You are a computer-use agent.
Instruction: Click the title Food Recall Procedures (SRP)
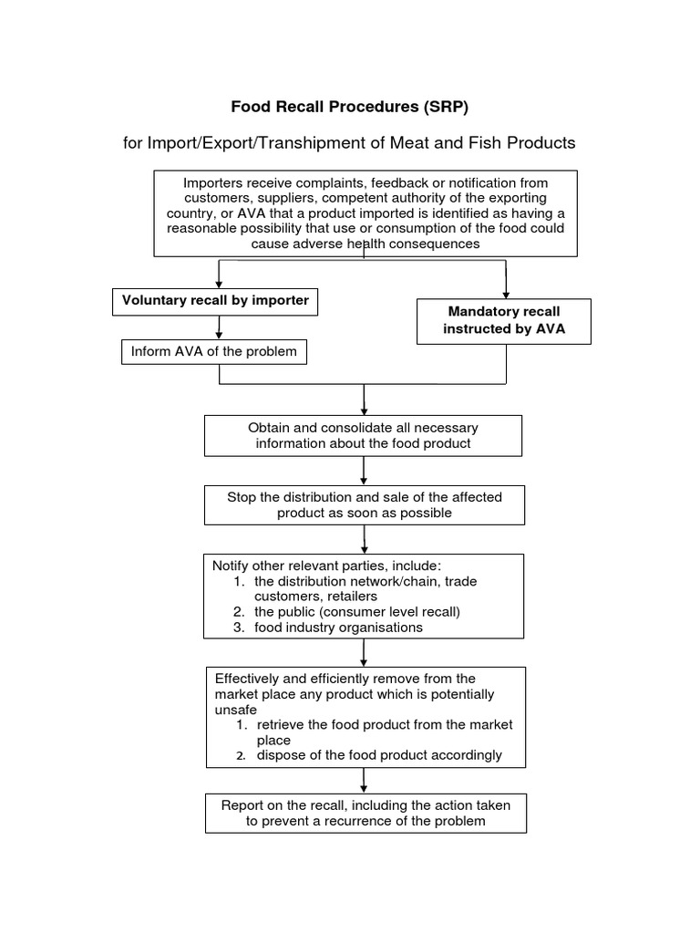pos(349,107)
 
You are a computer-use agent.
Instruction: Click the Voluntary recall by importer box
pos(215,301)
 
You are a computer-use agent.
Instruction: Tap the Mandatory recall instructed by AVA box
pos(504,321)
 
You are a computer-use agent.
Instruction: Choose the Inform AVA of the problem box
pos(214,351)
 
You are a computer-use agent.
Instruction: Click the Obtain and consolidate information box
pos(363,436)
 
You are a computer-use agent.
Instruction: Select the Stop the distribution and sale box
pos(364,504)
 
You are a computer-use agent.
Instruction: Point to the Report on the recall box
pos(365,813)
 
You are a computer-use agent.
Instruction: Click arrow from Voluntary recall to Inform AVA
pos(219,327)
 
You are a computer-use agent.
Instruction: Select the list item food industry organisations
pos(338,628)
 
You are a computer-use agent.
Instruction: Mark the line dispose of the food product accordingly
pos(378,755)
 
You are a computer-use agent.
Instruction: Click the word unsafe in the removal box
pos(235,709)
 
